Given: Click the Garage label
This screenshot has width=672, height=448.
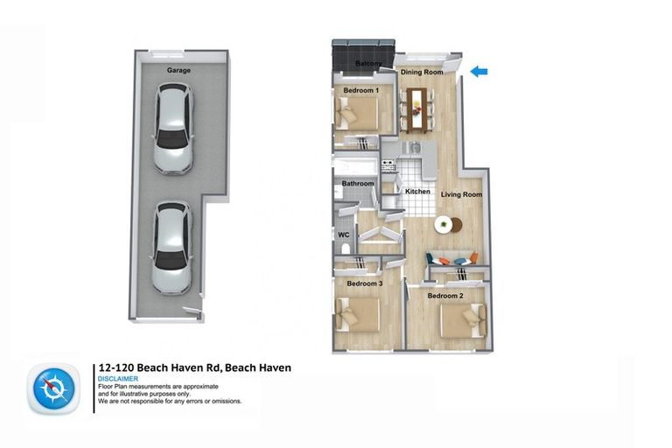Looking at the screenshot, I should [179, 70].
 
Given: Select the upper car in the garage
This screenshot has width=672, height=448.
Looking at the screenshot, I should [173, 128].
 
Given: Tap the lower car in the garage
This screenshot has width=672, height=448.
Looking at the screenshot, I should [171, 248].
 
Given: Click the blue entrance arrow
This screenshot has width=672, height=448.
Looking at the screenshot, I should [479, 72].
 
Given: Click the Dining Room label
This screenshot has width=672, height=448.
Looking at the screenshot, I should [422, 72].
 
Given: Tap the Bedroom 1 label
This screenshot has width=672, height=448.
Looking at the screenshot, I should [360, 90].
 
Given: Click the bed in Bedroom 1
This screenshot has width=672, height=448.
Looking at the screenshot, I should [360, 114].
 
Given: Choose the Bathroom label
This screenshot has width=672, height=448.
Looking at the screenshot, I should [358, 184].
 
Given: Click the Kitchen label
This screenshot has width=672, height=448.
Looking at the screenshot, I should [417, 191].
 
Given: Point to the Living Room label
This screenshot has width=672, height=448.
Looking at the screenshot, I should [461, 194].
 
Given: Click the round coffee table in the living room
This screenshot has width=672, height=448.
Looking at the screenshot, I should [445, 224].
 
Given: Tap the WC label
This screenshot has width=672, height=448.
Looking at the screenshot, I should [344, 234].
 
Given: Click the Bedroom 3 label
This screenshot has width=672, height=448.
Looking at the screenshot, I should [364, 284].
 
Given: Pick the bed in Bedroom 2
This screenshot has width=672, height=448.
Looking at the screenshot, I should [460, 320].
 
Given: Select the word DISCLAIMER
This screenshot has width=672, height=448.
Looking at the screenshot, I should [118, 379].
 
